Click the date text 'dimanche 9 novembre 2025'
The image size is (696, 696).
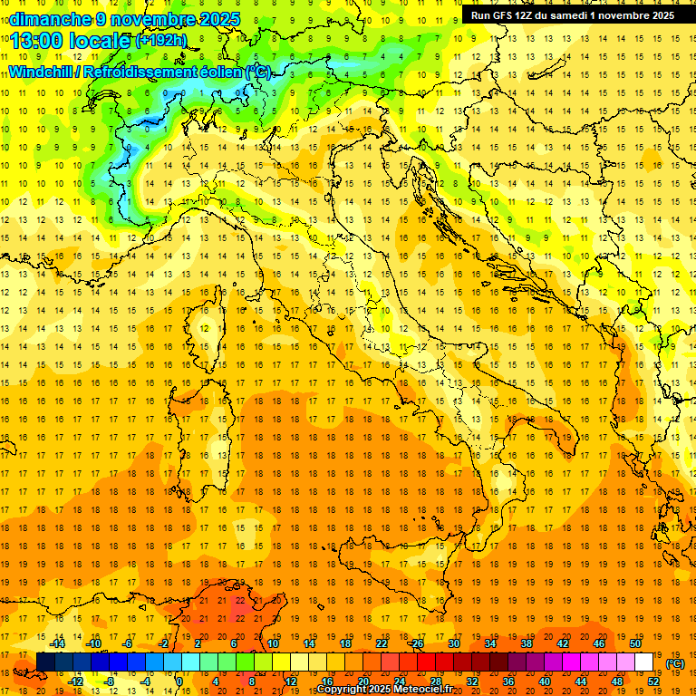124,19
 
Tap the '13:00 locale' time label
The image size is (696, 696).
69,41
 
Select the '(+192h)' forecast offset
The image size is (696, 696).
161,41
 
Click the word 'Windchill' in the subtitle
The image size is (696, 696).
41,72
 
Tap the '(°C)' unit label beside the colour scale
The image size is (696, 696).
675,663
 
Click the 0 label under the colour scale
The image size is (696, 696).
179,681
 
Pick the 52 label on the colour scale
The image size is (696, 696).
653,681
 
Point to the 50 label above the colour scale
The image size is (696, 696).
635,643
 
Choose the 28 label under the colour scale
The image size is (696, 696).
435,681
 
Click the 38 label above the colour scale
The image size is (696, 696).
526,643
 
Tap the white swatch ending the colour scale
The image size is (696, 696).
643,662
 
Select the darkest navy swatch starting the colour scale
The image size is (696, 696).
45,662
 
